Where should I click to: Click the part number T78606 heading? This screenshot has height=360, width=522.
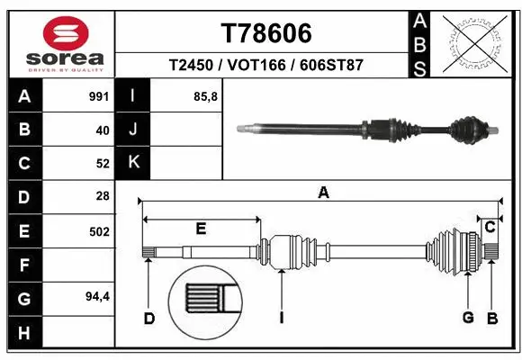tap(266, 33)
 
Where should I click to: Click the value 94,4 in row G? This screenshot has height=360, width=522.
tap(96, 297)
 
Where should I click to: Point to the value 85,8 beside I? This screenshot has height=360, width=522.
tap(206, 96)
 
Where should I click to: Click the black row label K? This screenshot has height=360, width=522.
tap(134, 162)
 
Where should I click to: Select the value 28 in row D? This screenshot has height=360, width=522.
tap(102, 195)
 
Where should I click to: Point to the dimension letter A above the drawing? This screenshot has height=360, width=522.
tap(323, 192)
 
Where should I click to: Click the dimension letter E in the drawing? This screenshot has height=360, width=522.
tap(202, 229)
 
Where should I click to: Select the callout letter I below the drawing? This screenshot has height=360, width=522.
tap(282, 317)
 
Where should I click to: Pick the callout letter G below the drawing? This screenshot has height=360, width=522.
tap(468, 317)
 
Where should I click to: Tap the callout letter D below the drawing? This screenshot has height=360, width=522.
tap(149, 317)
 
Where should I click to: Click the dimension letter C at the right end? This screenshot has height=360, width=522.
tap(490, 228)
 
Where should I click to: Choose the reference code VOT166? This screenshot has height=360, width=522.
tap(265, 66)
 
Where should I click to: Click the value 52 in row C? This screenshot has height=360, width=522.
tap(102, 163)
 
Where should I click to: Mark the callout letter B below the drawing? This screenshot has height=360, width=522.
tap(491, 317)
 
